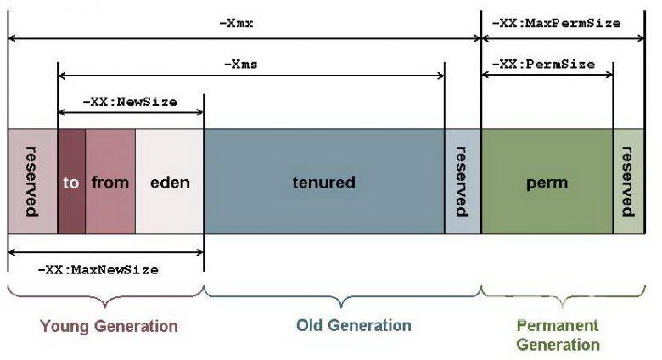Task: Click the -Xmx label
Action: [x=236, y=23]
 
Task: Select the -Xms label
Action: [x=241, y=65]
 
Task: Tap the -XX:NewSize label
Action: [x=130, y=102]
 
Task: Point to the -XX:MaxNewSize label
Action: [x=98, y=270]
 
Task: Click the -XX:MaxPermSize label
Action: [x=557, y=23]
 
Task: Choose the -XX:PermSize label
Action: [x=544, y=65]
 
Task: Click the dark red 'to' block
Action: [x=71, y=181]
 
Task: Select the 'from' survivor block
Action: [x=110, y=181]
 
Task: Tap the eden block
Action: [x=170, y=181]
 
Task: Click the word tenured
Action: [x=324, y=182]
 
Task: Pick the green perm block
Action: [x=547, y=181]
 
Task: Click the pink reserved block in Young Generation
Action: [x=33, y=181]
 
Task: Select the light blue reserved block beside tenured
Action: [x=463, y=181]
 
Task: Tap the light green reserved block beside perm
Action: [x=629, y=181]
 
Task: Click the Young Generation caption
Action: [x=109, y=326]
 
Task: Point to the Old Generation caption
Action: [x=354, y=325]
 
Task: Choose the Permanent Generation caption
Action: [x=558, y=335]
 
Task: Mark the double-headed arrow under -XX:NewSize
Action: [x=131, y=112]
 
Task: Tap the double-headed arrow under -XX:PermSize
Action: [x=547, y=75]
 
